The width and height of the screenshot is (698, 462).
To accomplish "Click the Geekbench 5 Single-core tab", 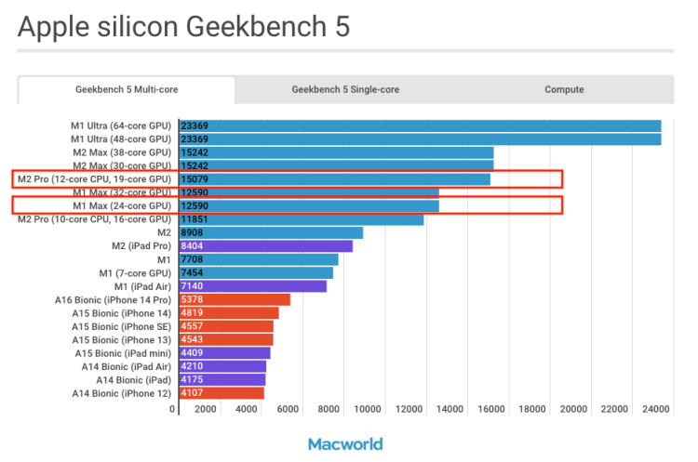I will click(x=345, y=90).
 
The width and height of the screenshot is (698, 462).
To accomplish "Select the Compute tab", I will click(x=564, y=90).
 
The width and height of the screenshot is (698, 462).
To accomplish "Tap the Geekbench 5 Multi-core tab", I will click(x=127, y=90).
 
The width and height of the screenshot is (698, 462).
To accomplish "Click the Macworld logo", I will click(x=345, y=443).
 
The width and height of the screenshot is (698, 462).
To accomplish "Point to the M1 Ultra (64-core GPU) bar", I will click(x=420, y=125).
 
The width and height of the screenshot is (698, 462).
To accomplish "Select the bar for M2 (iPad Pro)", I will click(x=265, y=246).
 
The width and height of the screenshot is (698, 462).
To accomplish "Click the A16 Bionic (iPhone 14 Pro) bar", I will click(x=235, y=299).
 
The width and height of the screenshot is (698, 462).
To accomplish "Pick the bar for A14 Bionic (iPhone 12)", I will click(x=221, y=393).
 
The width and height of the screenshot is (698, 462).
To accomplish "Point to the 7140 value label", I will click(x=193, y=286).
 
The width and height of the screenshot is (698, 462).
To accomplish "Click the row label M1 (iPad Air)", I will click(x=136, y=286).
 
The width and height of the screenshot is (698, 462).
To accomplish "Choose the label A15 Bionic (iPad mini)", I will click(x=124, y=353).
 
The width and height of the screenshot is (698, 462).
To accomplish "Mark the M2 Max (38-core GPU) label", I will click(x=122, y=152).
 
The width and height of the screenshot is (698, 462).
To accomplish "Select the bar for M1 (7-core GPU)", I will click(x=256, y=272).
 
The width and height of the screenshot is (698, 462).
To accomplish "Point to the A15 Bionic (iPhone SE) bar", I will click(x=226, y=326).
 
